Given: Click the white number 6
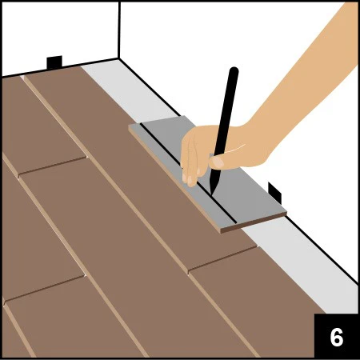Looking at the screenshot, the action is (337, 337).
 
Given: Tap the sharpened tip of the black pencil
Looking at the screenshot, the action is (212, 194).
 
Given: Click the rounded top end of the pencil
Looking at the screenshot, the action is (234, 70).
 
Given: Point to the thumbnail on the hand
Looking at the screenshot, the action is (218, 162).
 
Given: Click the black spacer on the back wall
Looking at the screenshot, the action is (54, 62).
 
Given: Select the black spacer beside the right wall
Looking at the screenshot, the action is (274, 193).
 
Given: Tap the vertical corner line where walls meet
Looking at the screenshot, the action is (119, 30).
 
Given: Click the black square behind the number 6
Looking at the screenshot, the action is (336, 335).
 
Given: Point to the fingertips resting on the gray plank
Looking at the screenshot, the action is (190, 178).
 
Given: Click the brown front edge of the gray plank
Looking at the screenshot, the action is (254, 222).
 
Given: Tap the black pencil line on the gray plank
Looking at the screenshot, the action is (189, 173).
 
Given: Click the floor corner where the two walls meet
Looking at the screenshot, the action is (118, 58).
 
